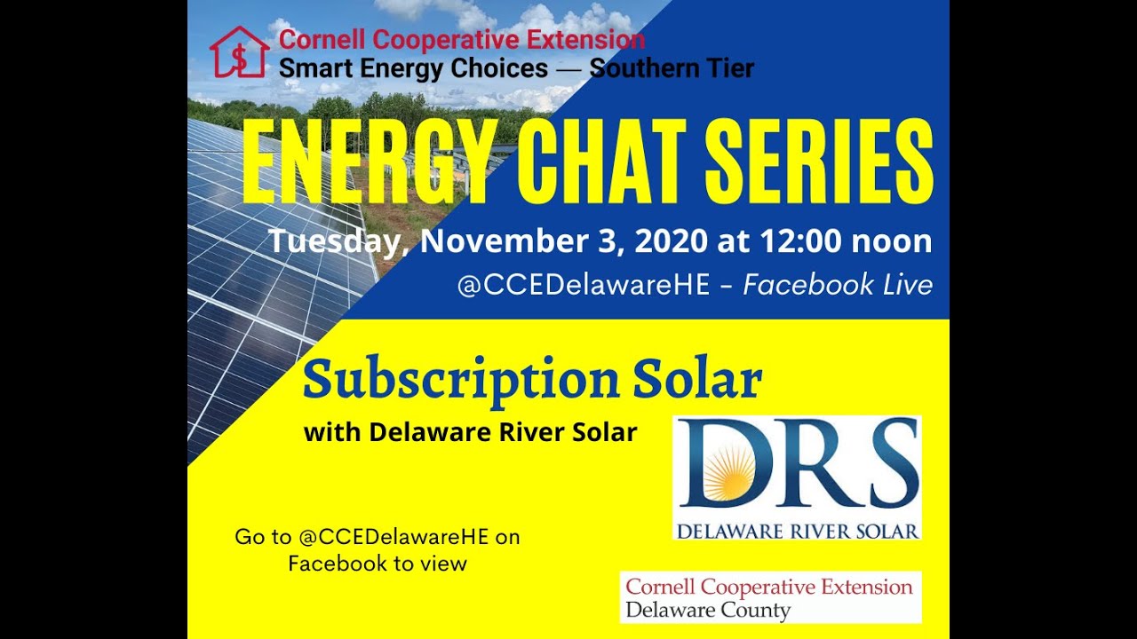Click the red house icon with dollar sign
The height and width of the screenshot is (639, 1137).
point(239,51)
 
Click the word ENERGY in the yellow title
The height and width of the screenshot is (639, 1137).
point(367,164)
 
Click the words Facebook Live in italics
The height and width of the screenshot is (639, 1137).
point(838,285)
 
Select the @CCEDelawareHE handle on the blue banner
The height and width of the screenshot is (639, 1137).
point(584,285)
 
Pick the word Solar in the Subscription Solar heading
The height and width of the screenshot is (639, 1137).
point(696,380)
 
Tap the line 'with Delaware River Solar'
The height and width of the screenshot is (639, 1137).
point(470,432)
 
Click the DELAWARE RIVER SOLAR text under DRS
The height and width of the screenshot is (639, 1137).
point(797,532)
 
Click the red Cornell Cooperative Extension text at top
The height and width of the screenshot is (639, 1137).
point(462,40)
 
